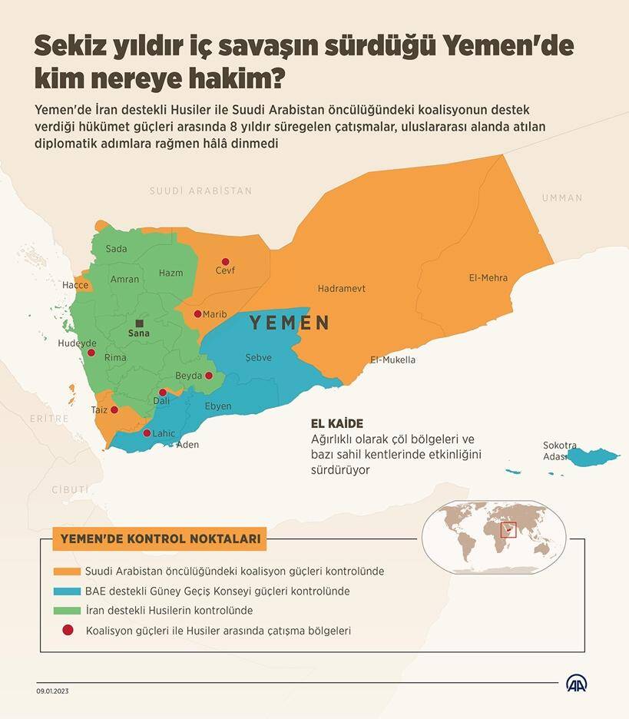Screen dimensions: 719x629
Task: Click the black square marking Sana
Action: [x=139, y=323]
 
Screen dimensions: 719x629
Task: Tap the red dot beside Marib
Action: [x=197, y=313]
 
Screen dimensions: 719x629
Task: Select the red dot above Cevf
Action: [x=225, y=261]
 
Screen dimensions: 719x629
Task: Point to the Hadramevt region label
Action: [x=341, y=289]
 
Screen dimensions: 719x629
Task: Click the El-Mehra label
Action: [x=488, y=278]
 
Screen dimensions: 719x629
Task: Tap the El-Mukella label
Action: [x=392, y=359]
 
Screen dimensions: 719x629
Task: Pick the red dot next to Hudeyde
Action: [x=91, y=353]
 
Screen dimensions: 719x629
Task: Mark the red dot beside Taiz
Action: [x=114, y=409]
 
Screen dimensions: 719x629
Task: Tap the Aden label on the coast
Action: [x=187, y=445]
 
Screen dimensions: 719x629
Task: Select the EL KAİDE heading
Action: [x=336, y=424]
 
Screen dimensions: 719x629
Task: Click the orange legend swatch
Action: [x=68, y=572]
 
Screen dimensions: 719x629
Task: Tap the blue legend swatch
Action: [x=68, y=591]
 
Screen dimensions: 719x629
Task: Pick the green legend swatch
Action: [x=68, y=611]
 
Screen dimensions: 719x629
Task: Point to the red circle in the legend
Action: [x=68, y=631]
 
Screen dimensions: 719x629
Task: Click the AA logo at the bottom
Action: [x=578, y=683]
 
